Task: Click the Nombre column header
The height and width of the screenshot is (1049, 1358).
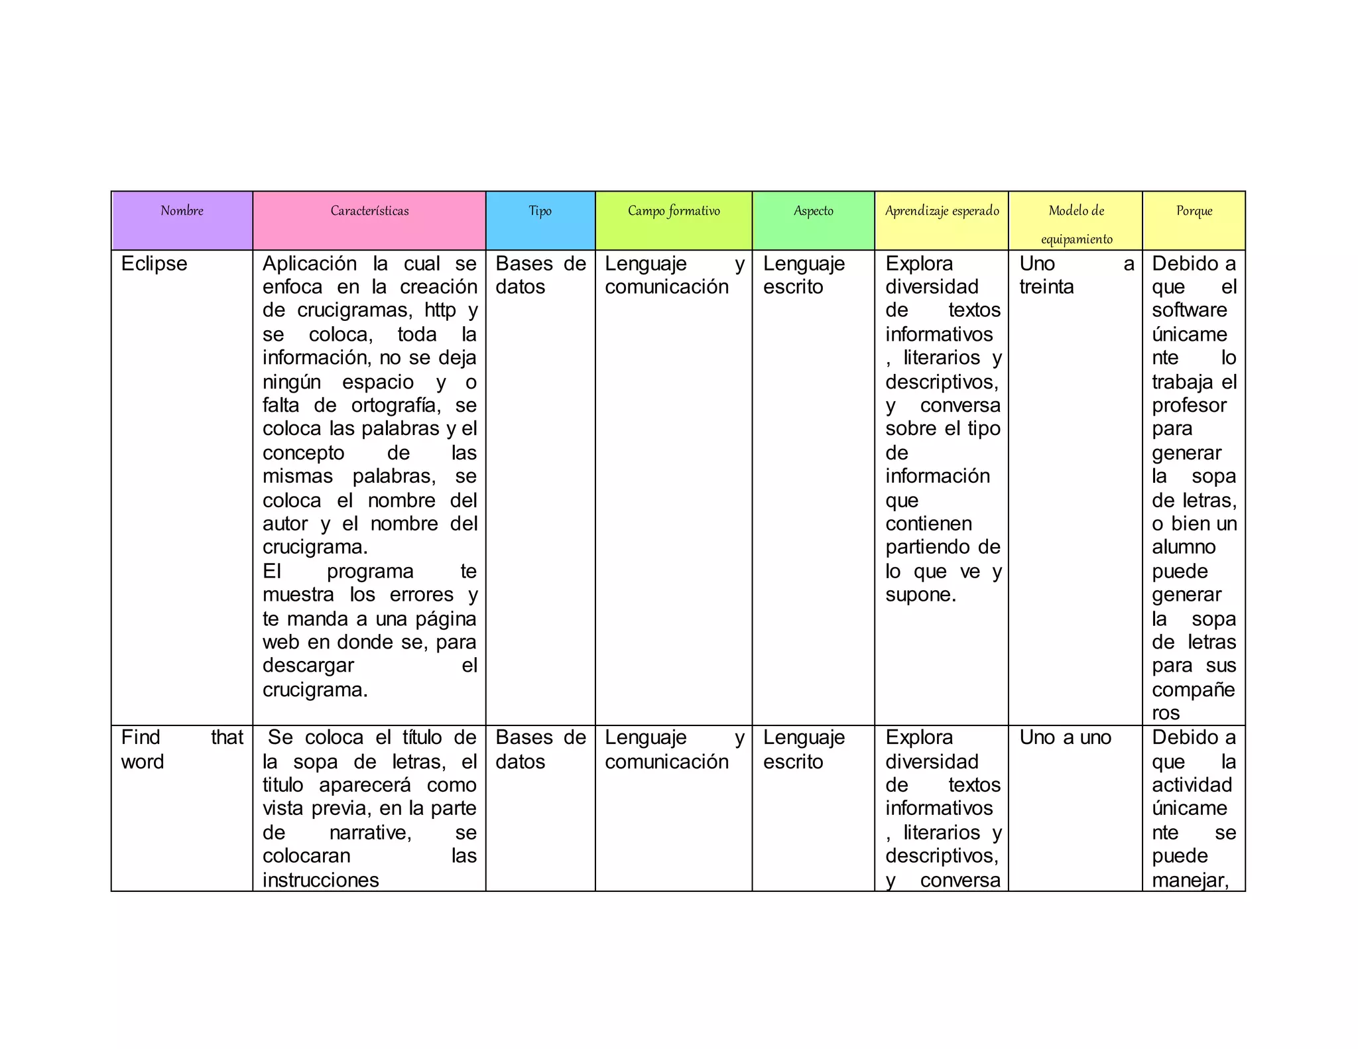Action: (x=182, y=212)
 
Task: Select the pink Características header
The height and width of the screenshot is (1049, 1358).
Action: (x=369, y=212)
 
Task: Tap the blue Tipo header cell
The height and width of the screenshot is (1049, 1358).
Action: (x=540, y=212)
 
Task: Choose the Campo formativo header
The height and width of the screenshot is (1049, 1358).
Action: (x=674, y=212)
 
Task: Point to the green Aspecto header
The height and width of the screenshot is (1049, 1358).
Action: (x=813, y=212)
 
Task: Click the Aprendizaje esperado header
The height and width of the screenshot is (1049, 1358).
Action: (x=942, y=212)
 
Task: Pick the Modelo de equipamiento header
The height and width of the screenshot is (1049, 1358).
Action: (x=1076, y=224)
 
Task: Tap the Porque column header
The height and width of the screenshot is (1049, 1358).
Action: (x=1194, y=212)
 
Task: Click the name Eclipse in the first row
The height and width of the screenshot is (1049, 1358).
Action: (x=154, y=264)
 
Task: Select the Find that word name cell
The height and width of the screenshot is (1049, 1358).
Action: (x=182, y=749)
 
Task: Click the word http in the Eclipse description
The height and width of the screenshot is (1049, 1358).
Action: (x=440, y=310)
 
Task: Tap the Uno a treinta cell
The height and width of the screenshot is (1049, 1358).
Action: (x=1076, y=275)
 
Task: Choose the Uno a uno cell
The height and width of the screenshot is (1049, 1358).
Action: (x=1065, y=737)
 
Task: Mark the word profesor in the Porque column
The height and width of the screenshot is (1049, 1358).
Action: (x=1189, y=405)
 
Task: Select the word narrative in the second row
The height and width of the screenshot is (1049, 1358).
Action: (x=370, y=832)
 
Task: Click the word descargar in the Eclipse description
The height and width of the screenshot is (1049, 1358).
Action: (x=308, y=666)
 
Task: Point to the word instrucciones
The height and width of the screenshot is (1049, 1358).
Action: (x=320, y=880)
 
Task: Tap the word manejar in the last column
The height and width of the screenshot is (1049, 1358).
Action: (x=1190, y=880)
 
